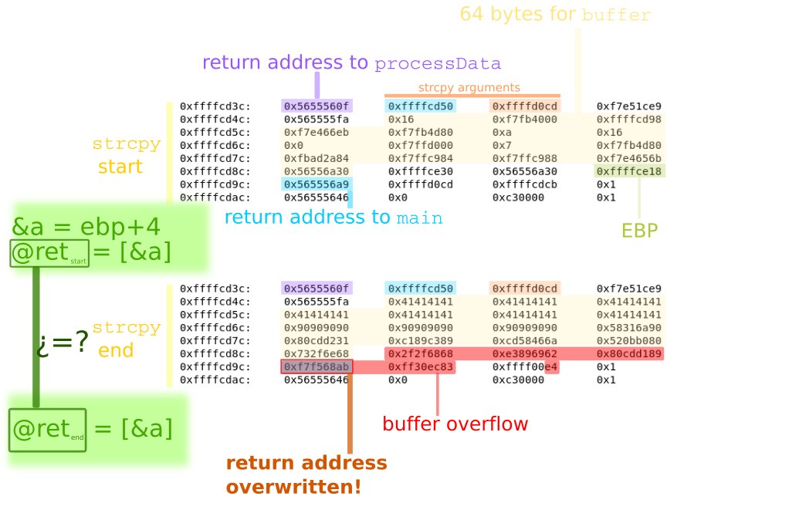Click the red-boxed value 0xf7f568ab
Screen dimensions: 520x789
(x=317, y=367)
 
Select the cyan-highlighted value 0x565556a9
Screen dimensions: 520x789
(x=317, y=184)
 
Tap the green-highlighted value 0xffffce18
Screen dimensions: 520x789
(x=629, y=171)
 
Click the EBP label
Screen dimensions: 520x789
(x=639, y=231)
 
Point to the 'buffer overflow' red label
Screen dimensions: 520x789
(x=455, y=424)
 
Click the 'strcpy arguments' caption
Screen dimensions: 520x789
(x=469, y=88)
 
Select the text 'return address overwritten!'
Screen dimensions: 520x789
(x=306, y=475)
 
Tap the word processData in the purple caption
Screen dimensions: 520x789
(x=438, y=64)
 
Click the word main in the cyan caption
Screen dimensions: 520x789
(x=420, y=218)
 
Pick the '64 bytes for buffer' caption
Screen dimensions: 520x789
(x=555, y=15)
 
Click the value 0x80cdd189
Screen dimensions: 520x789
(x=629, y=354)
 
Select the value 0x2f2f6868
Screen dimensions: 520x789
(x=421, y=354)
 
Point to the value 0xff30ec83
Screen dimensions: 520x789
(x=421, y=367)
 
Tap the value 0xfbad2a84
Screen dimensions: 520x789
(x=317, y=158)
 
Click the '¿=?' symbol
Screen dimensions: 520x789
(x=63, y=342)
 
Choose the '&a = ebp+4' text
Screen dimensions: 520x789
(x=86, y=227)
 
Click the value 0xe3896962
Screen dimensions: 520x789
(x=525, y=354)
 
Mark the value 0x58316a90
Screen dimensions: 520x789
(x=629, y=328)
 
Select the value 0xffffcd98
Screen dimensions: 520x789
(x=629, y=120)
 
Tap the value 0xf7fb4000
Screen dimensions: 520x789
(x=525, y=120)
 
